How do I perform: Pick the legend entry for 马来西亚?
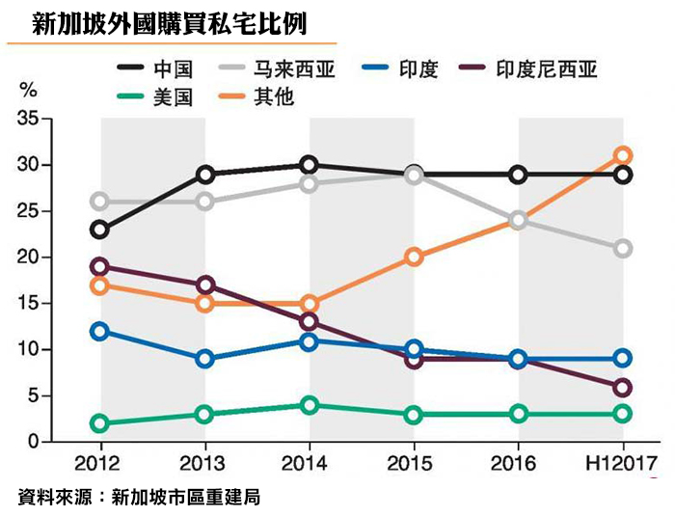tap(295, 69)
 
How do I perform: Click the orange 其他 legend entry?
tap(274, 97)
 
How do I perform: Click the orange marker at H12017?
tap(623, 155)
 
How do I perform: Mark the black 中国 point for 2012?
tap(99, 230)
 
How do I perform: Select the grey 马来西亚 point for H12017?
tap(623, 248)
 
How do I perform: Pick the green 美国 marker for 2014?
tap(309, 405)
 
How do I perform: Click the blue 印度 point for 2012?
tap(99, 331)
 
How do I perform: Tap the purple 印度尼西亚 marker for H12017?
tap(623, 387)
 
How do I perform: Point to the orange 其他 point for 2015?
tap(414, 258)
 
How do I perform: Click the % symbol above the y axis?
tap(29, 92)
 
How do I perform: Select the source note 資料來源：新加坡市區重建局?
tap(140, 497)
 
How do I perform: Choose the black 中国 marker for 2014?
tap(309, 165)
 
